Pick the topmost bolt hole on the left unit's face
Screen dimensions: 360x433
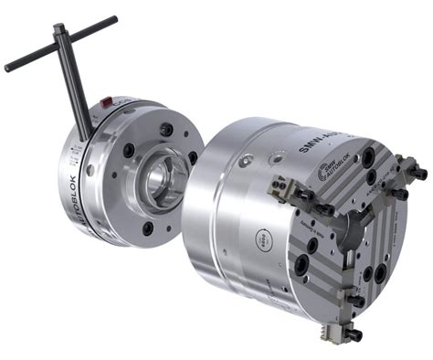coord(166,129)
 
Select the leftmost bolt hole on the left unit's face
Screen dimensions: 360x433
coord(128,149)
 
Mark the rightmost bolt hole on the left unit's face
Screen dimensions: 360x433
coord(193,158)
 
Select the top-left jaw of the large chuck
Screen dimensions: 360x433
coord(297,196)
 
